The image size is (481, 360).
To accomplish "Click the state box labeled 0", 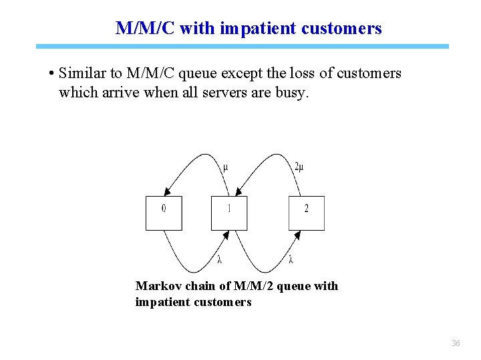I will pyautogui.click(x=164, y=213).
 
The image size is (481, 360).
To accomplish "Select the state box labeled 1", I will pyautogui.click(x=229, y=213).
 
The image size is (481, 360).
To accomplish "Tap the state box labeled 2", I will pyautogui.click(x=307, y=213).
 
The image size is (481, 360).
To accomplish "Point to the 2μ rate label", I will pyautogui.click(x=299, y=167).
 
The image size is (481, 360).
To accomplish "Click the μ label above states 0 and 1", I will pyautogui.click(x=225, y=167).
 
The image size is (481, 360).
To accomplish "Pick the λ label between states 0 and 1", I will pyautogui.click(x=220, y=259).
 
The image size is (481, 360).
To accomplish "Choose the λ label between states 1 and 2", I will pyautogui.click(x=292, y=259).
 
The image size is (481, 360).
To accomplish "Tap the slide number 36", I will pyautogui.click(x=456, y=343).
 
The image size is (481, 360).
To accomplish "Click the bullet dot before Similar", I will pyautogui.click(x=51, y=73).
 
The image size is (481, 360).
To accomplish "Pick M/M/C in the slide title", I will pyautogui.click(x=145, y=29).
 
